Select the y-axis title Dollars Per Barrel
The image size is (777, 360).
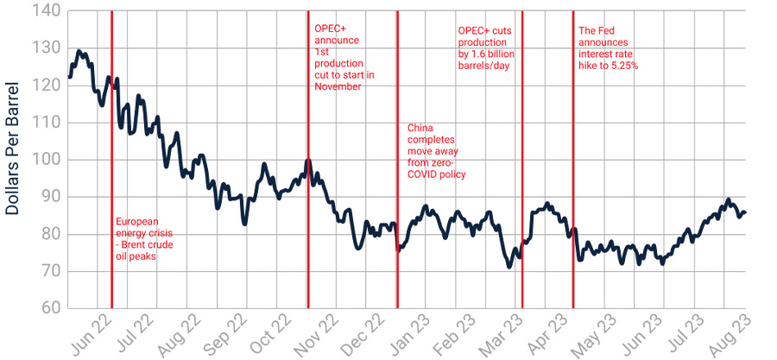15,161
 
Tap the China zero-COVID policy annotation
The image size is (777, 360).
436,151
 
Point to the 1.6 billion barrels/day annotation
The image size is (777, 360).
484,48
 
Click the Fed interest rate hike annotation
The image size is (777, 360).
608,48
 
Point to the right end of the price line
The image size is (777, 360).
746,212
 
